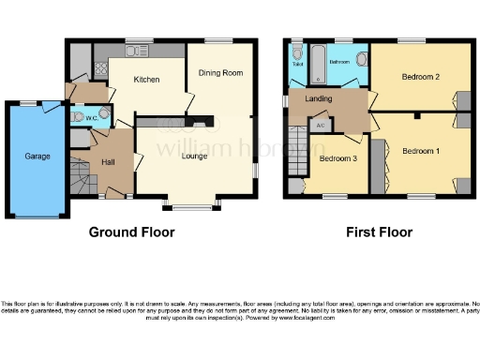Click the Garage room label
[37, 156]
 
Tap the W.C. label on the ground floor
[92, 118]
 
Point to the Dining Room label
[220, 72]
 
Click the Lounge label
[196, 156]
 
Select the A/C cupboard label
[319, 125]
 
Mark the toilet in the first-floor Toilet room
[296, 54]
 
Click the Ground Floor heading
[131, 232]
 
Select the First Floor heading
[379, 232]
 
